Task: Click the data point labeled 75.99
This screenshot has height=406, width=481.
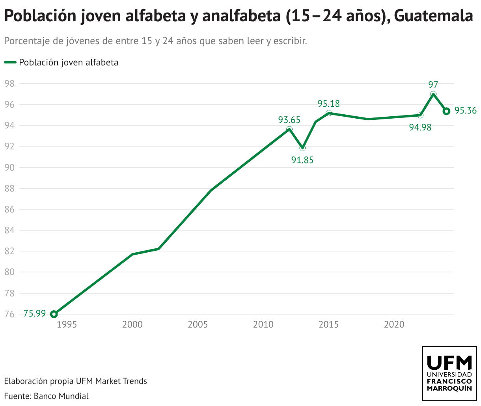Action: click(x=54, y=314)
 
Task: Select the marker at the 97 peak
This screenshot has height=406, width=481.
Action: click(x=433, y=94)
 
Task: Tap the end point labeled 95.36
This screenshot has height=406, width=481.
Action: click(x=446, y=111)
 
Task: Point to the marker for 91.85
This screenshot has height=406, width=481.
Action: click(x=302, y=148)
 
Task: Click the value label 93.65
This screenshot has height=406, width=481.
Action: click(x=289, y=120)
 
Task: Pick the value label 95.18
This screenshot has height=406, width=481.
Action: click(x=328, y=104)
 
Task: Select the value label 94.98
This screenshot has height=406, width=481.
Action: click(x=420, y=127)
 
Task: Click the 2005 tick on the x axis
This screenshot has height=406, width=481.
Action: click(x=198, y=324)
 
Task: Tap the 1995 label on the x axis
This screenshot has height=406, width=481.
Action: click(x=67, y=324)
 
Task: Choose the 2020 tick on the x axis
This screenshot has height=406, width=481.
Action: click(x=394, y=324)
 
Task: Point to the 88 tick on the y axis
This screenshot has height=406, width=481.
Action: click(x=9, y=188)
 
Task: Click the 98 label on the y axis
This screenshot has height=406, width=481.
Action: click(x=9, y=84)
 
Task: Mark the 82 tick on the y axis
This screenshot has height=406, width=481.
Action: click(x=9, y=251)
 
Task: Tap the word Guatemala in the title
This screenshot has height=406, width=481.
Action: click(x=433, y=16)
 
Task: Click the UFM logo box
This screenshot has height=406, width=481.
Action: click(x=449, y=374)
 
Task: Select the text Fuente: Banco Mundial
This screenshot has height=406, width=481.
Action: click(x=46, y=396)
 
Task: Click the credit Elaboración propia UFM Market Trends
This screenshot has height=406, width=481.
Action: click(x=75, y=381)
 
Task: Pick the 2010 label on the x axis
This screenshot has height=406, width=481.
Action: click(x=263, y=324)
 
